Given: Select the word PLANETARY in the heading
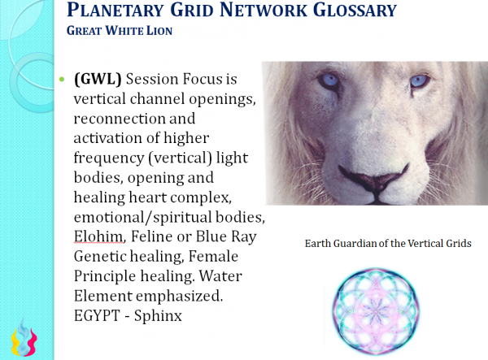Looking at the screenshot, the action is pyautogui.click(x=115, y=10).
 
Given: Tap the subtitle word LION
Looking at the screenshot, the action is pyautogui.click(x=159, y=31).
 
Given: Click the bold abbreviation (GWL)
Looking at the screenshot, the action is pyautogui.click(x=98, y=79).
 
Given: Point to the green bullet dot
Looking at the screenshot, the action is pyautogui.click(x=62, y=80).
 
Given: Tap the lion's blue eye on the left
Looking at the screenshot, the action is pyautogui.click(x=329, y=80).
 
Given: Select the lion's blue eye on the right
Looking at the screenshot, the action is pyautogui.click(x=419, y=80).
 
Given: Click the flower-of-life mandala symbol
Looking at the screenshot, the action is pyautogui.click(x=375, y=311).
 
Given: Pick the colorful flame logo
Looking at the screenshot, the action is pyautogui.click(x=24, y=337).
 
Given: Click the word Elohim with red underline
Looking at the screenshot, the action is pyautogui.click(x=99, y=236).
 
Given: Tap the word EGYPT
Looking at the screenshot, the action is pyautogui.click(x=97, y=316).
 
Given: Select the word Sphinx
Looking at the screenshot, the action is pyautogui.click(x=158, y=316).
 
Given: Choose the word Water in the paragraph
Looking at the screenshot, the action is pyautogui.click(x=220, y=276).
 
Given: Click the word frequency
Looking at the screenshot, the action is pyautogui.click(x=109, y=158).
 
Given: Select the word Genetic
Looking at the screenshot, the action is pyautogui.click(x=99, y=257).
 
